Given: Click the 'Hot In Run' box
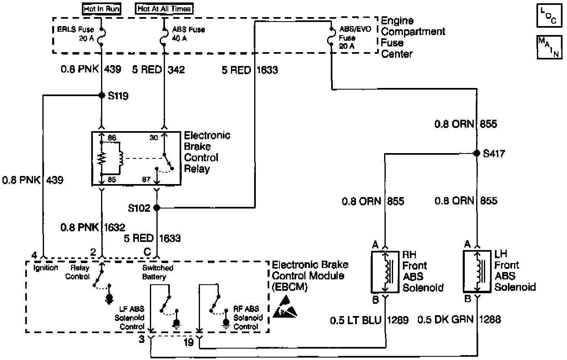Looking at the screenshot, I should pos(101,9).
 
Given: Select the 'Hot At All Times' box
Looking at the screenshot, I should pos(164,9).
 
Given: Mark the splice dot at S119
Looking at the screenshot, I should pos(101,96).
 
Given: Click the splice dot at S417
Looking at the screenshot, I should pos(477,154).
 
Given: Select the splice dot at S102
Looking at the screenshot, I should pos(157,208).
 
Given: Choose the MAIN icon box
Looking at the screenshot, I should pos(548,47).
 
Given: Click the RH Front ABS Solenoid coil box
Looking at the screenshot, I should pos(385,272).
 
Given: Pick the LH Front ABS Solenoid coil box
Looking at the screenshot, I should pos(477,272).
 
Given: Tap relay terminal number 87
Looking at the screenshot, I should pos(146,179).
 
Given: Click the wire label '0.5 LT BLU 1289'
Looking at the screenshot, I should pos(369,320).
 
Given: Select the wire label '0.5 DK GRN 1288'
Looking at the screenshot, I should pos(459,320).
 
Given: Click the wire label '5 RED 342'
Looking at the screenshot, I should pos(158,70).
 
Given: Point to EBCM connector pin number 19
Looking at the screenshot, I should pos(189,342).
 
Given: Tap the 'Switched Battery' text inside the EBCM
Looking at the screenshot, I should pos(158,272).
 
